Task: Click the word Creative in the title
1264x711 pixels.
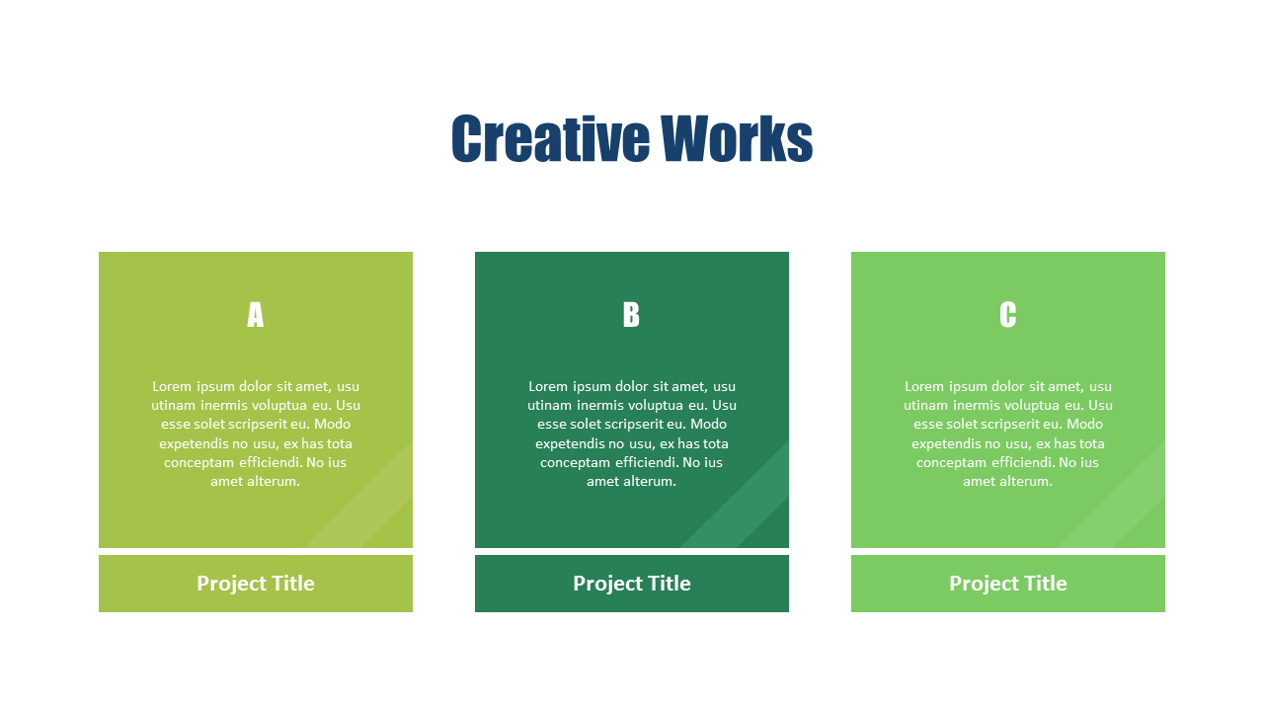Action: click(x=550, y=139)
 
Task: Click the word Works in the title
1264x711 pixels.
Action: click(x=736, y=139)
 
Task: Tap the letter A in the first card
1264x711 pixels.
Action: click(x=255, y=315)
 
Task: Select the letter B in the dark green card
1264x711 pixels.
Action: click(x=631, y=315)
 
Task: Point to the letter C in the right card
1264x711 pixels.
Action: click(x=1007, y=315)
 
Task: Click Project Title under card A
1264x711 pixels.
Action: click(x=256, y=584)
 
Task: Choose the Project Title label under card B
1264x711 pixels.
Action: click(x=632, y=584)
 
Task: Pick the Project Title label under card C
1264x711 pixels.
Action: click(x=1008, y=584)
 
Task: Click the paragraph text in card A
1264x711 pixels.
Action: click(x=256, y=434)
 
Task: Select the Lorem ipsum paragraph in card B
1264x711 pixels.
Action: click(x=632, y=434)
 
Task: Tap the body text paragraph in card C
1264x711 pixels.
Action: click(x=1008, y=434)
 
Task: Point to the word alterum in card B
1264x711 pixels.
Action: click(x=649, y=482)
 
